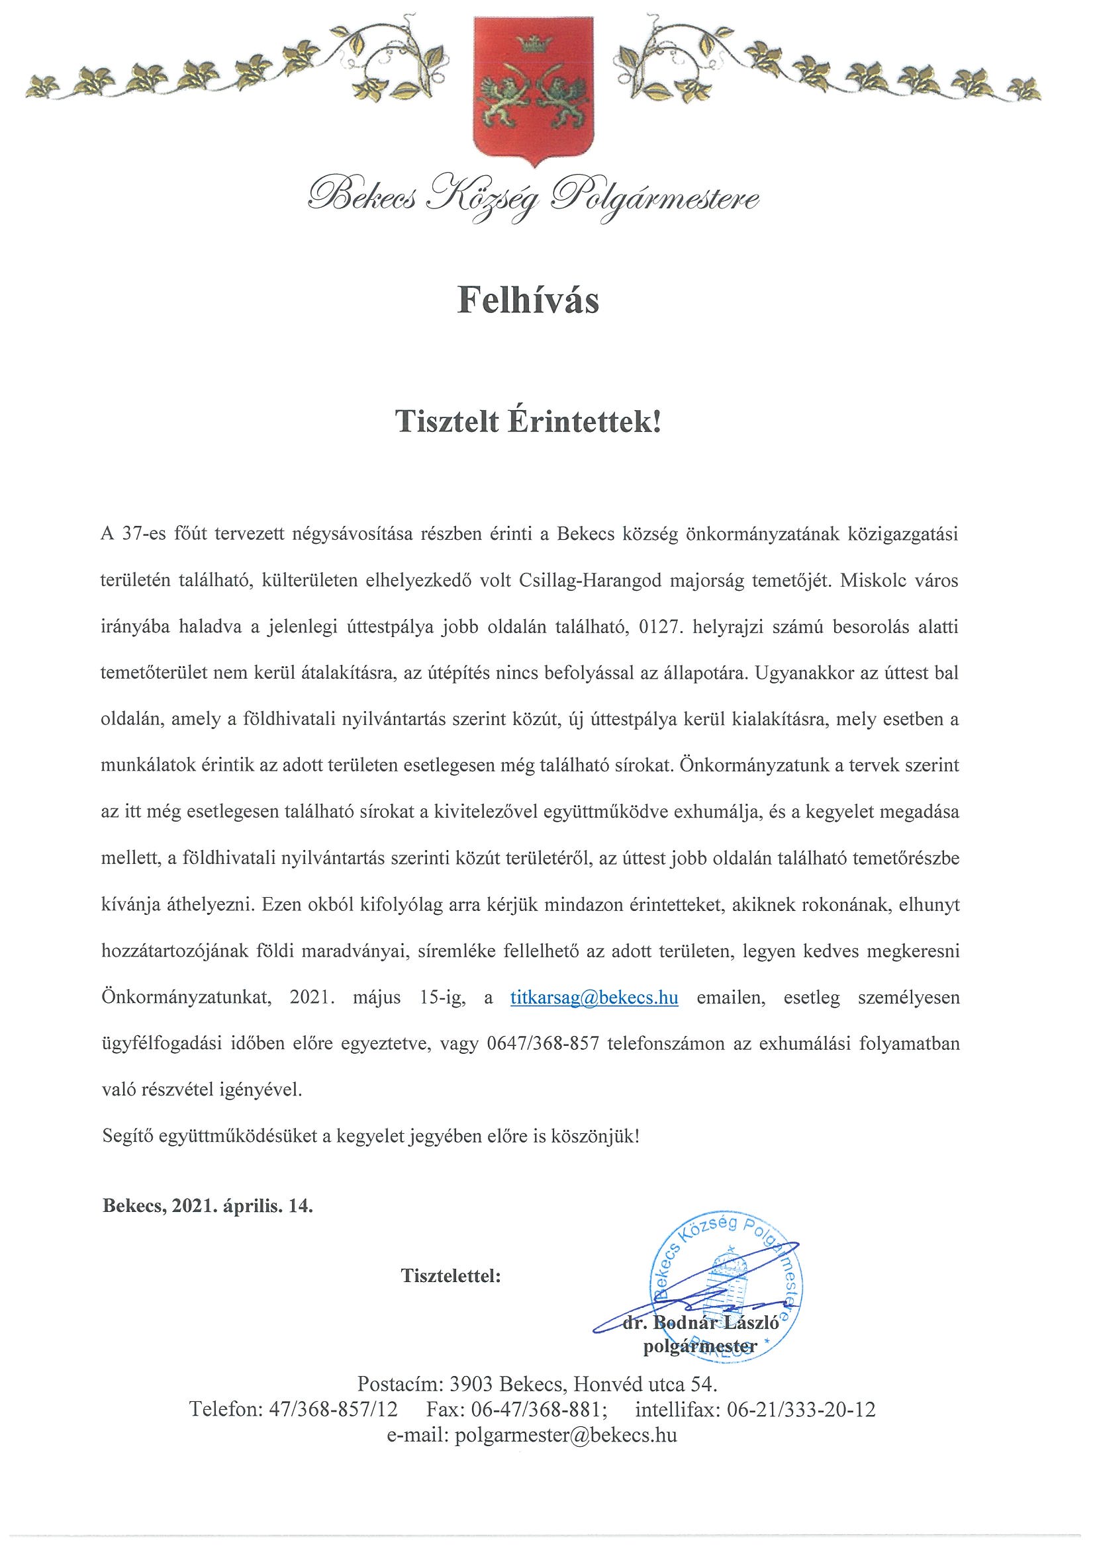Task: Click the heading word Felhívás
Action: [x=528, y=301]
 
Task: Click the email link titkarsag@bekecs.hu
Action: [x=594, y=998]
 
